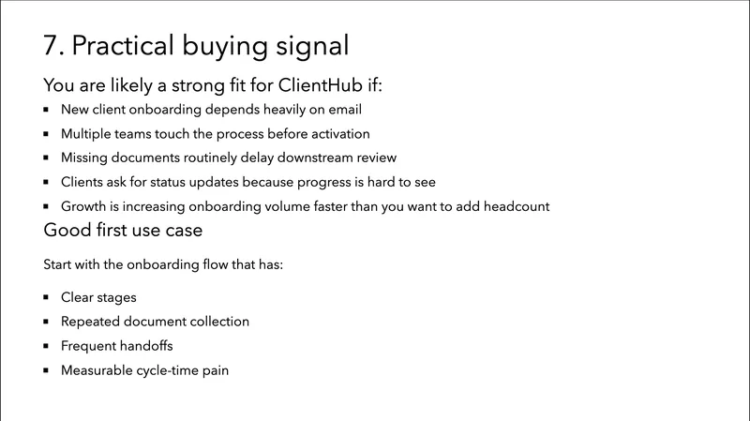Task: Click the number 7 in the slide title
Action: (x=51, y=45)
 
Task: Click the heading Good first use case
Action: (x=121, y=230)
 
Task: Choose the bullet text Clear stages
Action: (x=98, y=297)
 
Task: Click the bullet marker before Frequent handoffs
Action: (x=46, y=346)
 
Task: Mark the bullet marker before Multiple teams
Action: (x=46, y=134)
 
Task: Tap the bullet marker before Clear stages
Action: (x=46, y=297)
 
